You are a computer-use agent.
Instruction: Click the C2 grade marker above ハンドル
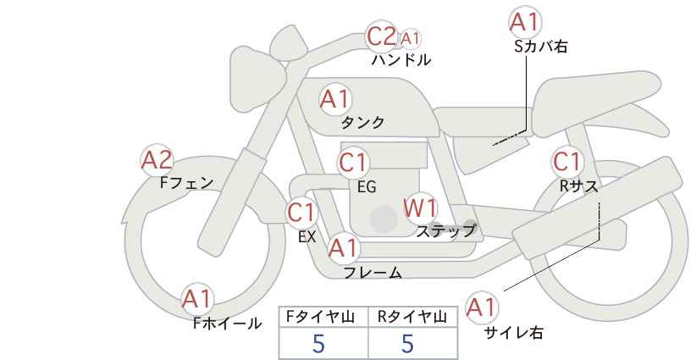coord(381,36)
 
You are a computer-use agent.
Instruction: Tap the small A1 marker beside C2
coord(409,39)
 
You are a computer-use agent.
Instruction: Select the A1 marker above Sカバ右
coord(525,22)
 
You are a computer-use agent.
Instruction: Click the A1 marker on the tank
coord(335,99)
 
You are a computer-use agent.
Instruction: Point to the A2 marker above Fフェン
coord(157,160)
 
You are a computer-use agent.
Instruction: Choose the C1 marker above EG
coord(353,163)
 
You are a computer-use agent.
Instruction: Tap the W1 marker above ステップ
coord(420,208)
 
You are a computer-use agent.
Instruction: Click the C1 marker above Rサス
coord(567,162)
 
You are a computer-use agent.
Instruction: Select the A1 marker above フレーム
coord(343,248)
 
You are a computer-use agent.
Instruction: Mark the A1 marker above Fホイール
coord(197,300)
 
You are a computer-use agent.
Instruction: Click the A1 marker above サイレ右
coord(482,307)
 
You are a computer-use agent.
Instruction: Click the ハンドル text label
coord(401,60)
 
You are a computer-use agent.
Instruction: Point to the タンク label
coord(362,123)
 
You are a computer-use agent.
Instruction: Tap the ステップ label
coord(445,231)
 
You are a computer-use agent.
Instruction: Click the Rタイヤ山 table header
coord(412,317)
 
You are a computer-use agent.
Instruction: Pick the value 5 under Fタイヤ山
coord(318,344)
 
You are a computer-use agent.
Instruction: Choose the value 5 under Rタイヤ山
coord(407,344)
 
